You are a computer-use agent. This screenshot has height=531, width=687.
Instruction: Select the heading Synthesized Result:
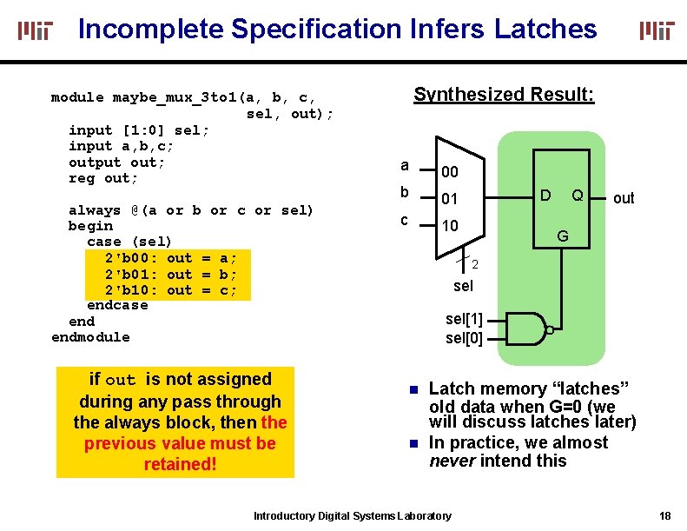tap(504, 94)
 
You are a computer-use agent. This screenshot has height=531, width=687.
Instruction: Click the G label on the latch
tap(563, 236)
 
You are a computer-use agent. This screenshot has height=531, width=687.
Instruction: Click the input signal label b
tap(404, 192)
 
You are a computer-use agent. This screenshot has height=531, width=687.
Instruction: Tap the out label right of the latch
tap(624, 198)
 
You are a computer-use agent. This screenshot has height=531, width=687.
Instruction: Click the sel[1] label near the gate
tap(464, 320)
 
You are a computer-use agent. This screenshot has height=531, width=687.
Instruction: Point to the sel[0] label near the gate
tap(464, 338)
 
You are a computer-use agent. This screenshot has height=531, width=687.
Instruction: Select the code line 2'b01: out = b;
tap(170, 274)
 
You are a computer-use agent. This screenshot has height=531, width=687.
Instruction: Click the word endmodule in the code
tap(90, 337)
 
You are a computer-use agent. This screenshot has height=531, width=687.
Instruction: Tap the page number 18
tap(664, 516)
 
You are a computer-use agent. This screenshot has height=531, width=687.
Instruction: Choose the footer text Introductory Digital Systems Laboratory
tap(352, 516)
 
